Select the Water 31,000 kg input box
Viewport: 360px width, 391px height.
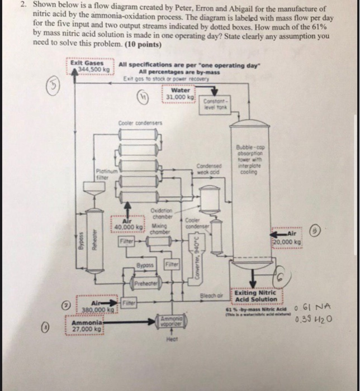(180, 93)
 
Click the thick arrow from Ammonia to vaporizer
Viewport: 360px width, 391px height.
(134, 320)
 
